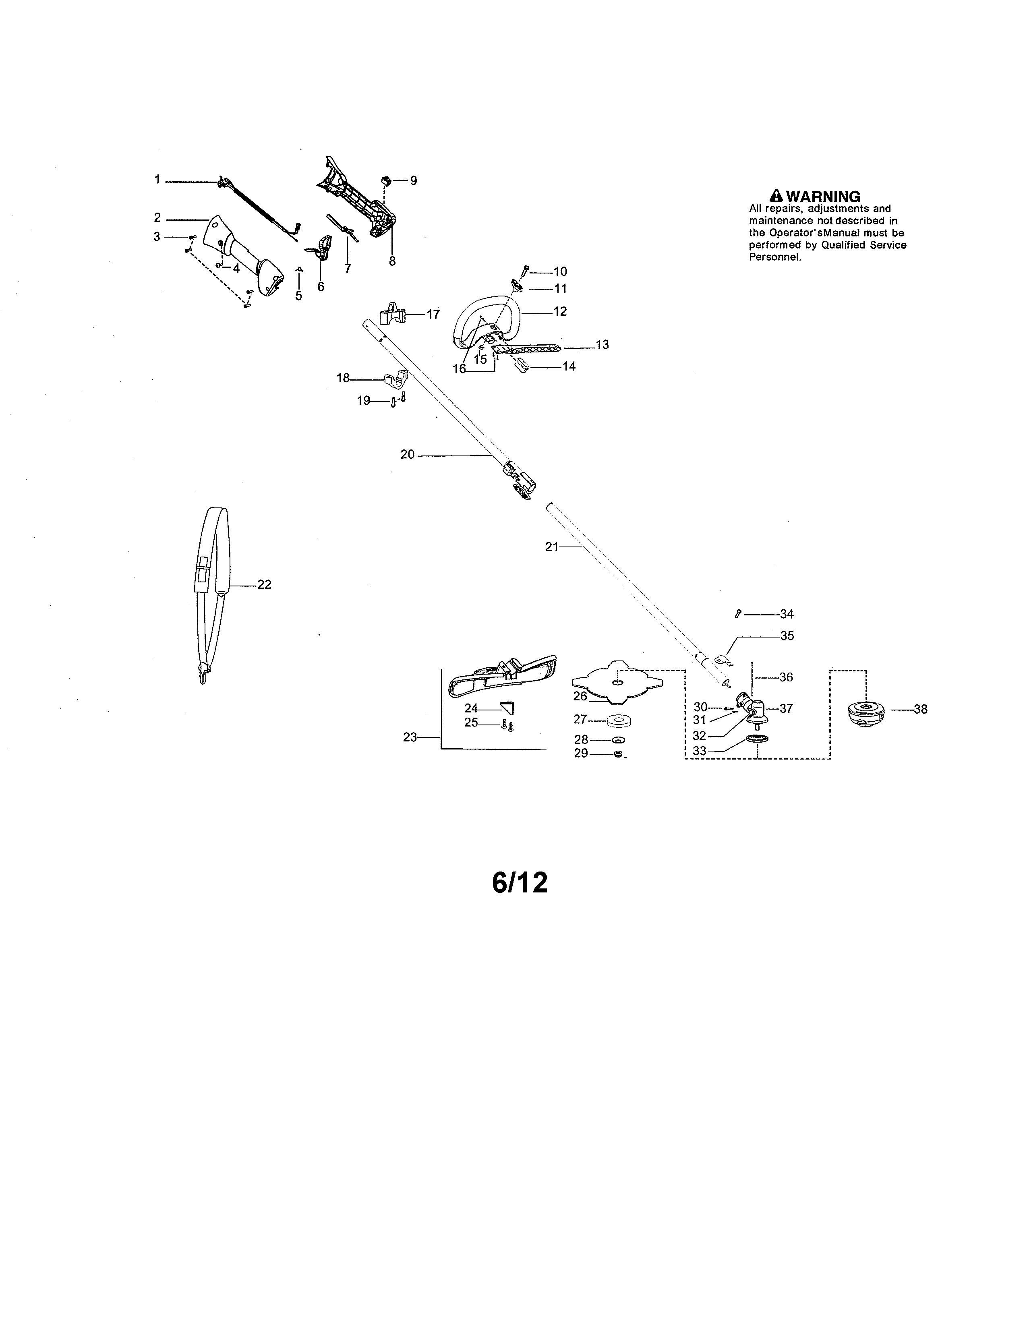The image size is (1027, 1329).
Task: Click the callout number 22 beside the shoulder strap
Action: coord(264,584)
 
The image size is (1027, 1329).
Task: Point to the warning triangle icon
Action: coord(776,196)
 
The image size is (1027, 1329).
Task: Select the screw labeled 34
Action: coord(738,614)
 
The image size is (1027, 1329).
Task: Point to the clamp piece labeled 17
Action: coord(392,314)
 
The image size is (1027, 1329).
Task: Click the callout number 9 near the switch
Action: coord(414,181)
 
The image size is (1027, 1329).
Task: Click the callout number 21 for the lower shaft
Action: coord(551,547)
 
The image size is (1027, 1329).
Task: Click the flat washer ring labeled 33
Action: coord(757,739)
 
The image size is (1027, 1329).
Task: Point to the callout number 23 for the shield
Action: coord(410,737)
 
